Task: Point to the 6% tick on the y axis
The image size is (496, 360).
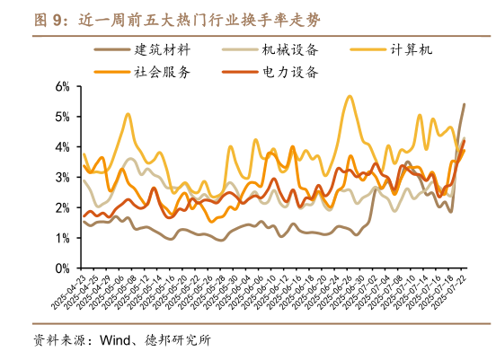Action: click(x=62, y=87)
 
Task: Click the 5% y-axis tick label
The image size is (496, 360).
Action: click(x=62, y=118)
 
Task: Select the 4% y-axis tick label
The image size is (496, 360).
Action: click(x=62, y=147)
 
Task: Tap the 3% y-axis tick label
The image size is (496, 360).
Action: click(x=62, y=178)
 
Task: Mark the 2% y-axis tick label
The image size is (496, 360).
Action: click(x=62, y=208)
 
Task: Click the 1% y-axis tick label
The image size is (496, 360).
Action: click(x=62, y=238)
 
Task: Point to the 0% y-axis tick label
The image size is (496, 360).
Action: click(x=62, y=268)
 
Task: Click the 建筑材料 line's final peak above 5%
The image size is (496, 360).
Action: click(x=464, y=105)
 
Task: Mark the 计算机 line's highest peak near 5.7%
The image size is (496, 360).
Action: click(x=349, y=96)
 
